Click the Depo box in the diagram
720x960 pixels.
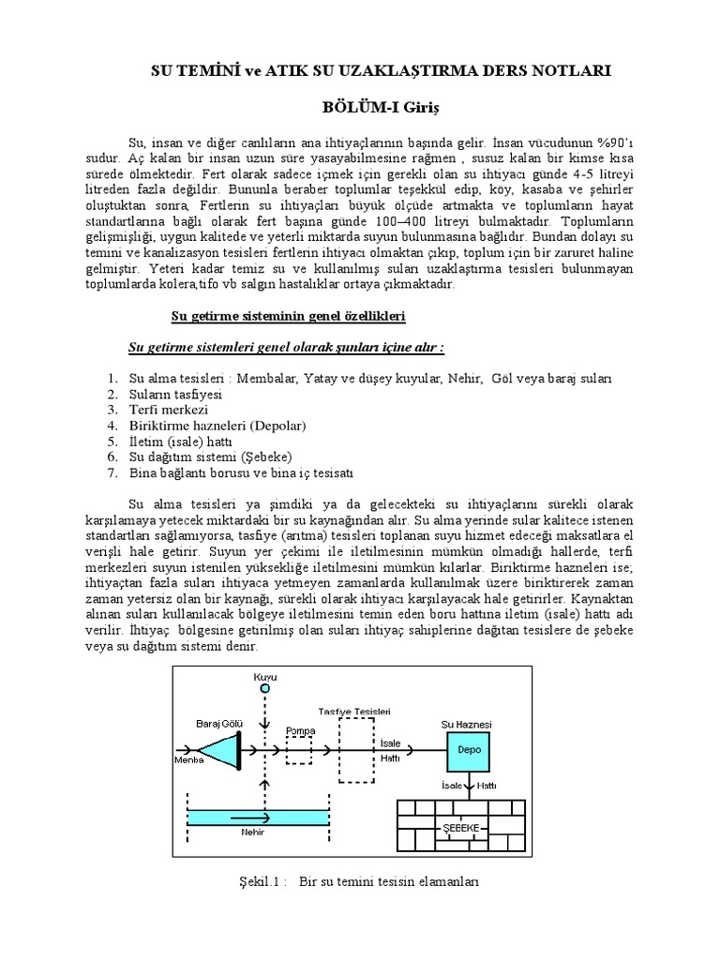469,750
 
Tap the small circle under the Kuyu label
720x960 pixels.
265,688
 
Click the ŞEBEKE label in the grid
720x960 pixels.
460,828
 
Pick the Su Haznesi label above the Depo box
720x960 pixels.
466,725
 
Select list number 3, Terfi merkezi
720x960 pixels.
168,410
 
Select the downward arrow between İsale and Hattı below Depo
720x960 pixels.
470,786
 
